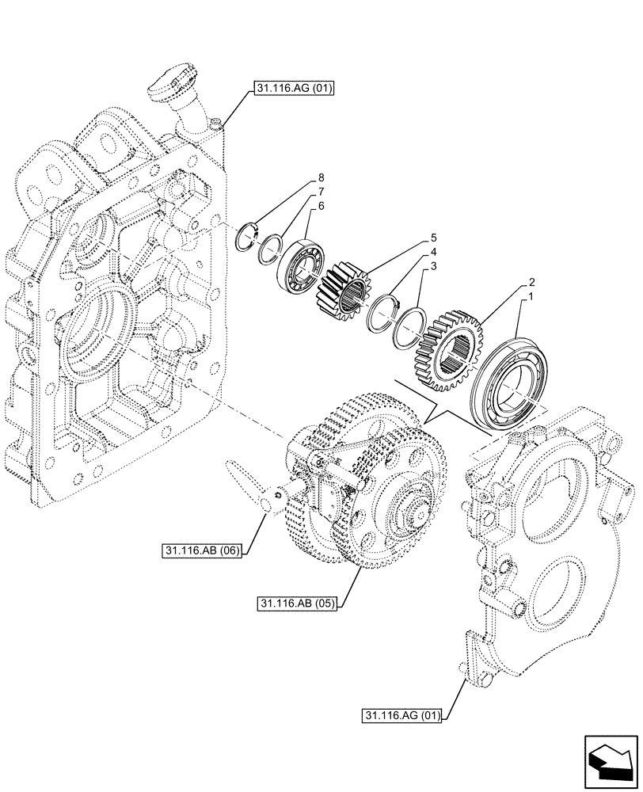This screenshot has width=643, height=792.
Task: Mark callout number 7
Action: pyautogui.click(x=321, y=191)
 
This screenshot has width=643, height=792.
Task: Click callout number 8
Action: pyautogui.click(x=321, y=177)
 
